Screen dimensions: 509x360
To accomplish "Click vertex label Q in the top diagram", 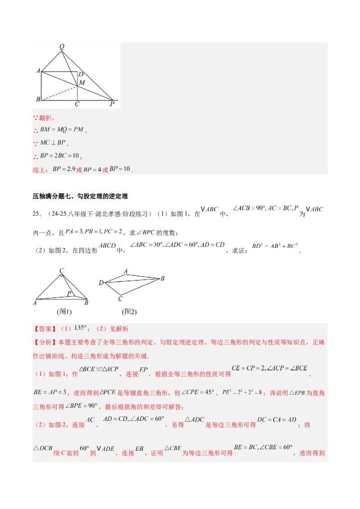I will [62, 46].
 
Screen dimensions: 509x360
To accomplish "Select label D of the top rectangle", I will [80, 74].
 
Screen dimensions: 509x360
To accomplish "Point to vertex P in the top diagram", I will [112, 104].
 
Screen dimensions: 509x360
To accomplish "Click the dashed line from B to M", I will [59, 92].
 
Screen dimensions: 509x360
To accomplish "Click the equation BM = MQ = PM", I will [62, 129].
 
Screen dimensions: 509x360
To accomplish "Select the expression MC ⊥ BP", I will [53, 143].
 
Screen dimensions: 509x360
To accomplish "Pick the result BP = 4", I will [92, 170].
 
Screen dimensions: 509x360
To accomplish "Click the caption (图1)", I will [64, 311].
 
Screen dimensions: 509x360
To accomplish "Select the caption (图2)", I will [129, 311].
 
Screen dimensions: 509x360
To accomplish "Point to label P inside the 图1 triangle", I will [69, 294].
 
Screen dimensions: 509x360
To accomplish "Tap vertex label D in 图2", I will [101, 282].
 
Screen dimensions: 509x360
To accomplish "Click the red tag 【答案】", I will [43, 329].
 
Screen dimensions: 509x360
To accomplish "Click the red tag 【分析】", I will [43, 342].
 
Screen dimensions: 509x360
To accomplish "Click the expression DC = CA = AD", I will [277, 420].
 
